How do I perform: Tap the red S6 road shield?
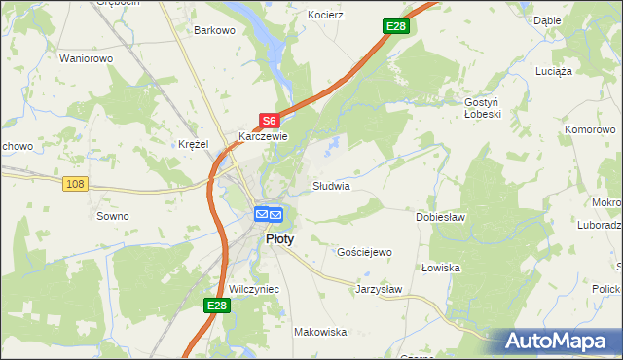(270, 121)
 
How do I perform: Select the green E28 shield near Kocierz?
(395, 26)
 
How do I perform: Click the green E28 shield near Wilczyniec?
(217, 306)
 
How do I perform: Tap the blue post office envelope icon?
(268, 214)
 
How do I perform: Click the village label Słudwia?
(331, 185)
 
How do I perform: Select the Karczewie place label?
(264, 137)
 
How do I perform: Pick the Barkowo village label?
(215, 30)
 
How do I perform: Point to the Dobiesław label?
(441, 217)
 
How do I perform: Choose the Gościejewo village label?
(364, 252)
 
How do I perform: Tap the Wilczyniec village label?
(255, 290)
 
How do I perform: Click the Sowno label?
(113, 216)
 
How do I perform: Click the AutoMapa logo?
(558, 342)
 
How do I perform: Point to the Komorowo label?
(593, 128)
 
